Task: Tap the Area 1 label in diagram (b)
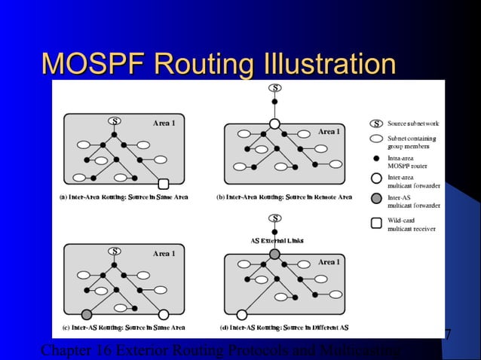pyautogui.click(x=329, y=132)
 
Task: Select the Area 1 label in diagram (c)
pyautogui.click(x=164, y=254)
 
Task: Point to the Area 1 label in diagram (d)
pyautogui.click(x=329, y=262)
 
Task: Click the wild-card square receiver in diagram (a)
pyautogui.click(x=164, y=183)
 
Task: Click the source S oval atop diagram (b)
pyautogui.click(x=275, y=88)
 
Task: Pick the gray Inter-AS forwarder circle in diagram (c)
pyautogui.click(x=87, y=314)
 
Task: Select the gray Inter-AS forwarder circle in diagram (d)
pyautogui.click(x=275, y=255)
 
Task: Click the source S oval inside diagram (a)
pyautogui.click(x=115, y=121)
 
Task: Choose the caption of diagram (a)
pyautogui.click(x=123, y=197)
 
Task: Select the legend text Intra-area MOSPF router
pyautogui.click(x=407, y=162)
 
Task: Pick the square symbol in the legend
pyautogui.click(x=375, y=223)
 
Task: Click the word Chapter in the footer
pyautogui.click(x=65, y=350)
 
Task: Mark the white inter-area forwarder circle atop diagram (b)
pyautogui.click(x=275, y=124)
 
